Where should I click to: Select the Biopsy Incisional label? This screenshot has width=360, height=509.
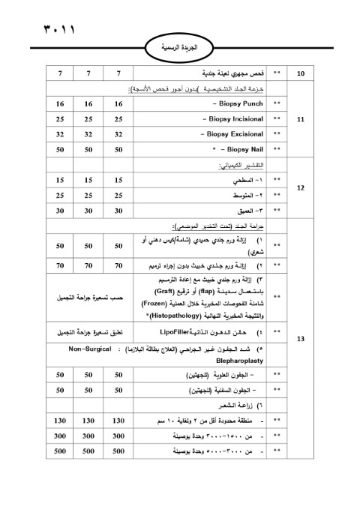click(234, 119)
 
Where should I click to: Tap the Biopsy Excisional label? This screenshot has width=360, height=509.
click(234, 135)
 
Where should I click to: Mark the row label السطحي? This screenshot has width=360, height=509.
click(244, 181)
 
